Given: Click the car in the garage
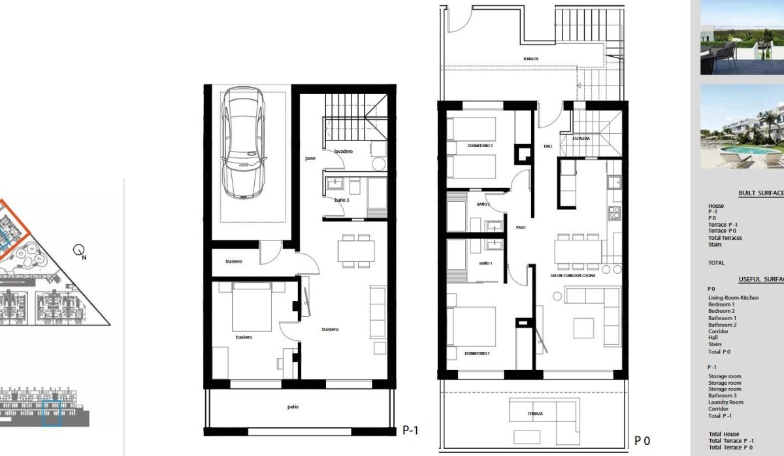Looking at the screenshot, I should [243, 144].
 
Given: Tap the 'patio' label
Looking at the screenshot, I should [293, 407].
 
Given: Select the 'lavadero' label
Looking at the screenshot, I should [344, 152].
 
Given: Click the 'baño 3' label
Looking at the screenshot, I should [342, 200].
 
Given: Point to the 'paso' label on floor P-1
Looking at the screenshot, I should [310, 158].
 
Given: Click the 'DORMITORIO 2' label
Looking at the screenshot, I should [480, 145].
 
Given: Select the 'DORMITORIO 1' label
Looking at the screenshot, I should [476, 353].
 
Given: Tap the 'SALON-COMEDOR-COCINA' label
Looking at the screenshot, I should [574, 276].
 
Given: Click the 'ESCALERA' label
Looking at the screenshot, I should [581, 138].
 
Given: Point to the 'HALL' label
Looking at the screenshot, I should [547, 146].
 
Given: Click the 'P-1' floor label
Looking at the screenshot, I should [410, 430].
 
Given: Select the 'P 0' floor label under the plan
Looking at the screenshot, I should [642, 441].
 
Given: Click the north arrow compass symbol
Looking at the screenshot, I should [80, 250].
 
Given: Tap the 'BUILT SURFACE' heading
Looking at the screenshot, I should [760, 193].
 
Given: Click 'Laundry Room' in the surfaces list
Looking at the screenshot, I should [725, 402].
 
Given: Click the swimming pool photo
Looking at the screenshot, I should [742, 127].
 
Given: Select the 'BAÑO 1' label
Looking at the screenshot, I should [485, 263].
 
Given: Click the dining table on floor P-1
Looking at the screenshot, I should [357, 251].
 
